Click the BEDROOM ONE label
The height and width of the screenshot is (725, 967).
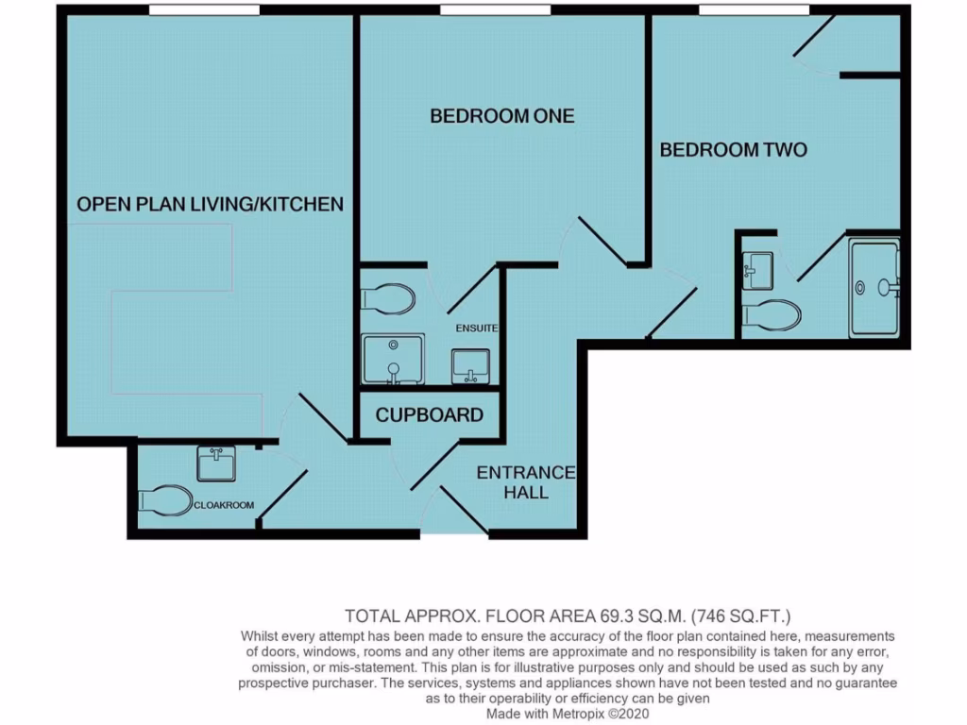tap(501, 116)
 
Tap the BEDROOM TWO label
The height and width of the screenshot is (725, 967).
tap(733, 150)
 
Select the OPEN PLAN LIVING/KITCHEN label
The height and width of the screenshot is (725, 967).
tap(210, 204)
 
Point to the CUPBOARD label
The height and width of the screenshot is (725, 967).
tap(430, 415)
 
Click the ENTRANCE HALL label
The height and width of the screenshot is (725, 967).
tap(525, 482)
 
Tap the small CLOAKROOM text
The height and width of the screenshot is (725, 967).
tap(224, 505)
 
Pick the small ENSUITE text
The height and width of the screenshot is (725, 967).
tap(476, 329)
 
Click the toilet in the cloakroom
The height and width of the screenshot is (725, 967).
tap(165, 500)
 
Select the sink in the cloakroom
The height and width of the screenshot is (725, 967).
tap(216, 464)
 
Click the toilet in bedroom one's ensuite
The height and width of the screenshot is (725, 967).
tap(388, 299)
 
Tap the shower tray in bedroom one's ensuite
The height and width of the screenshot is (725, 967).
tap(394, 359)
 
